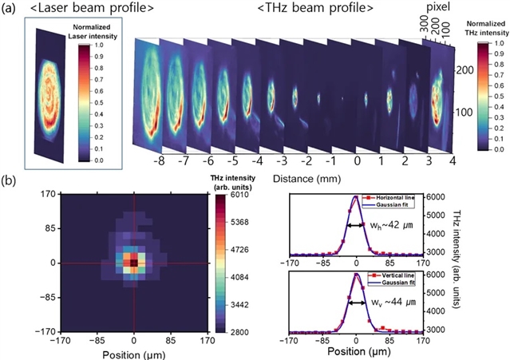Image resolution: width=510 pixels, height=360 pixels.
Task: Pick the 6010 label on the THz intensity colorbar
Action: pos(240,194)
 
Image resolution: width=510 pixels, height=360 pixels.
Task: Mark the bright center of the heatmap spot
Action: pos(133,262)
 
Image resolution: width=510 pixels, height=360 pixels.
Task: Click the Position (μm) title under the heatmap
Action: pos(133,350)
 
